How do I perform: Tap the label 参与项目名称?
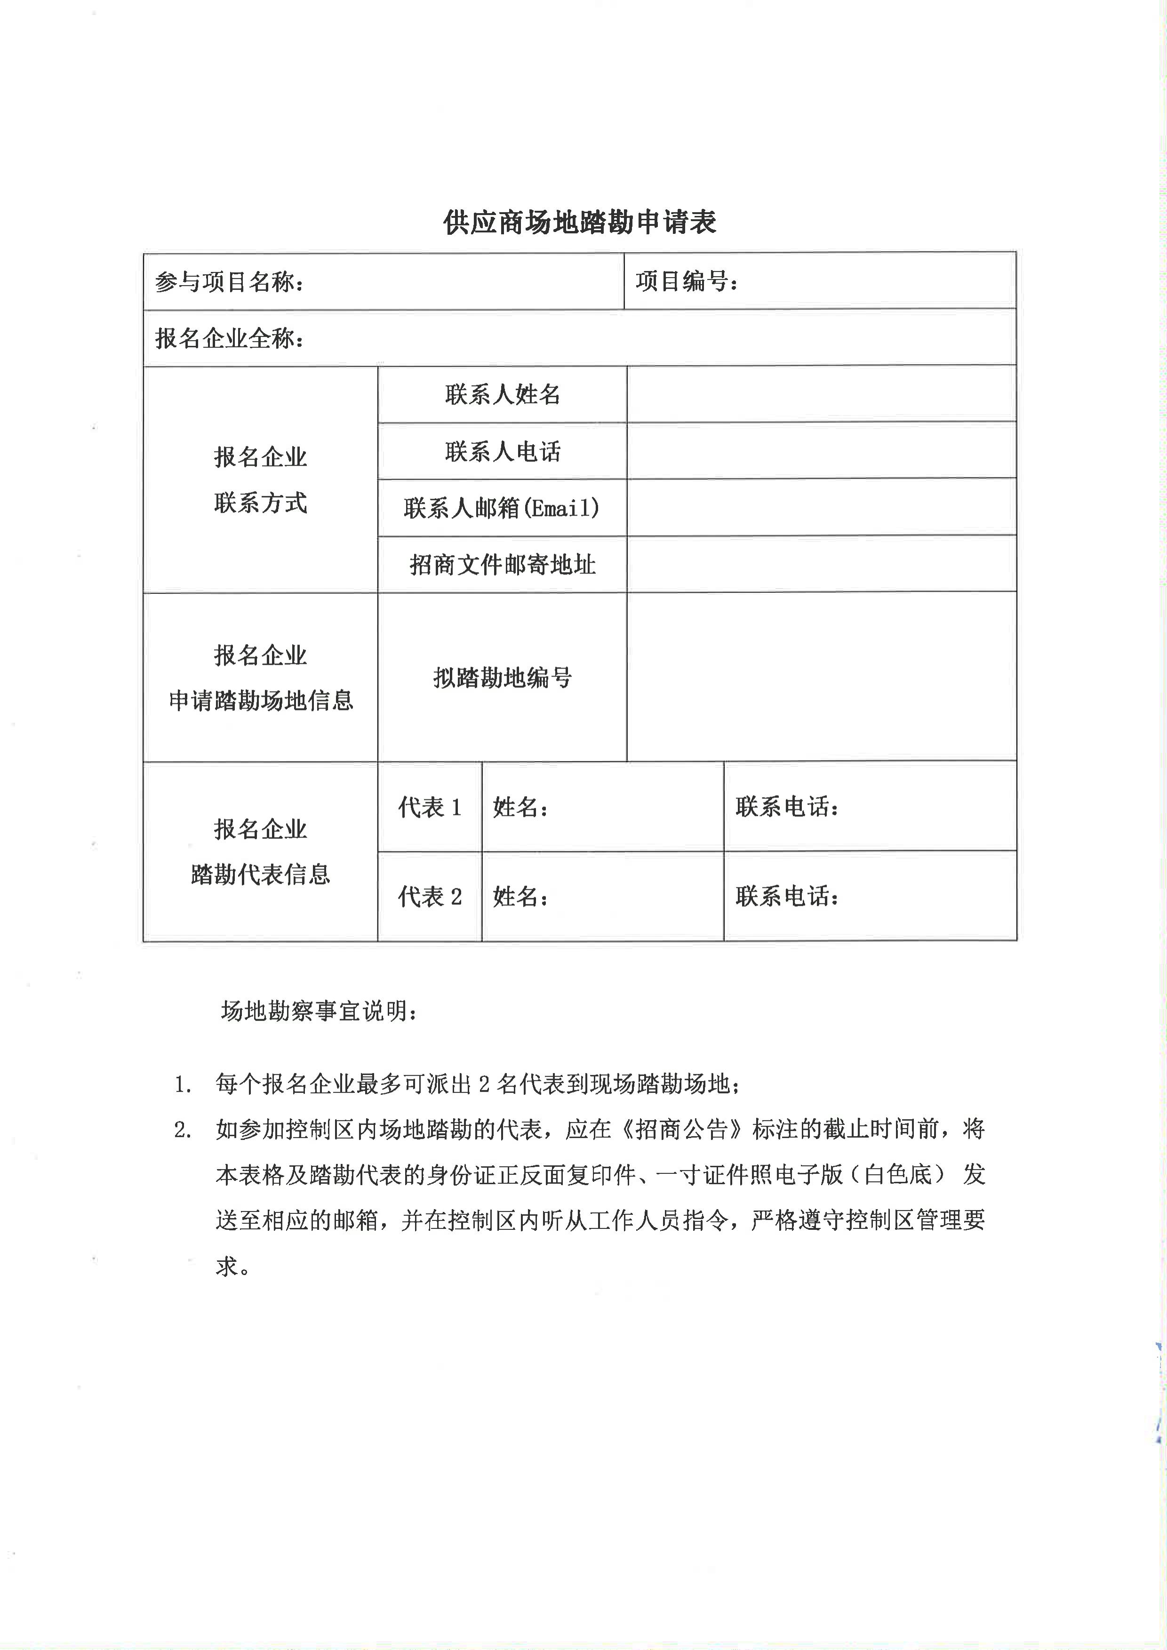coord(229,282)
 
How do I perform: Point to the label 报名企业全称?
coord(229,338)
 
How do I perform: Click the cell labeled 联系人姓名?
coord(502,395)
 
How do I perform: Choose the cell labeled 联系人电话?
coord(502,451)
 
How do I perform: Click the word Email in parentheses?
coord(563,508)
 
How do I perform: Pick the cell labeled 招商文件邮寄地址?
coord(502,565)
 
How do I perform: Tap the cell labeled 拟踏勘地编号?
coord(502,678)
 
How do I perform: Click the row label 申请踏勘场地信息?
coord(261,700)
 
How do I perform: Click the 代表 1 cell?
coord(430,807)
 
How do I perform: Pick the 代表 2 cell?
coord(430,897)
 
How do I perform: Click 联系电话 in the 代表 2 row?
coord(787,897)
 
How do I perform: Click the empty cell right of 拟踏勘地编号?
coord(821,677)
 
